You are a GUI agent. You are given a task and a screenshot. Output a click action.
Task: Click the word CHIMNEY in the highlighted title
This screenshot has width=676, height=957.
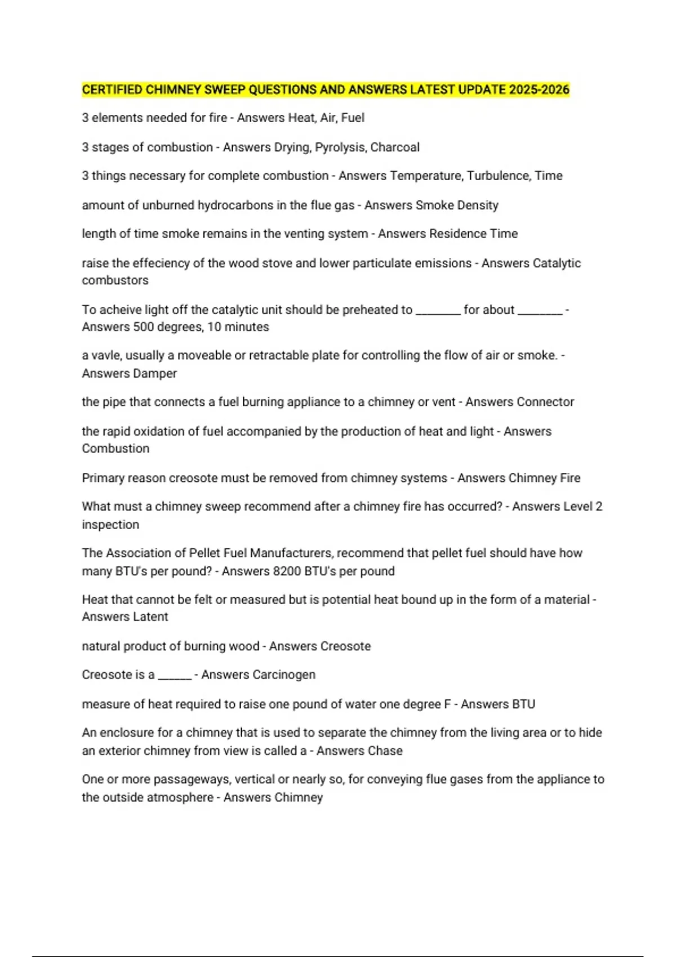pos(173,90)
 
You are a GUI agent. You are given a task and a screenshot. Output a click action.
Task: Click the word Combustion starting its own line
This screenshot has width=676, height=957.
pos(115,449)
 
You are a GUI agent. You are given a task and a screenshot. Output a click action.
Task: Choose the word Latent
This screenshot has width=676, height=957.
pos(149,617)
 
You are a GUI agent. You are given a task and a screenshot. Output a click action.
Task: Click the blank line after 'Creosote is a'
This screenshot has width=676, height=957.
pos(175,677)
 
